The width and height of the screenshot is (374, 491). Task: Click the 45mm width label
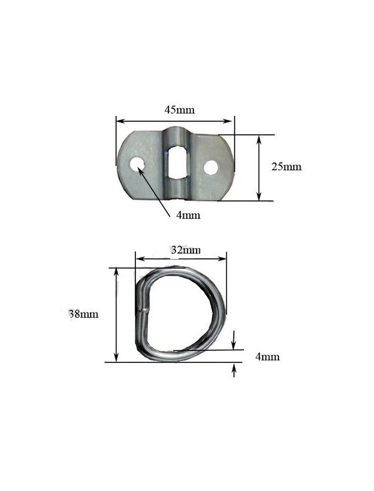179,110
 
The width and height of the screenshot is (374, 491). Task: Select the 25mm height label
286,167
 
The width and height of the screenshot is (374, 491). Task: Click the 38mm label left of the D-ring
84,314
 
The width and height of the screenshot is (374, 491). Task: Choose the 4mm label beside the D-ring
268,357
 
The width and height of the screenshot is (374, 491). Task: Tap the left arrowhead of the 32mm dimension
139,260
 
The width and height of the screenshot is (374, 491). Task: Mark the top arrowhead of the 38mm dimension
117,271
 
